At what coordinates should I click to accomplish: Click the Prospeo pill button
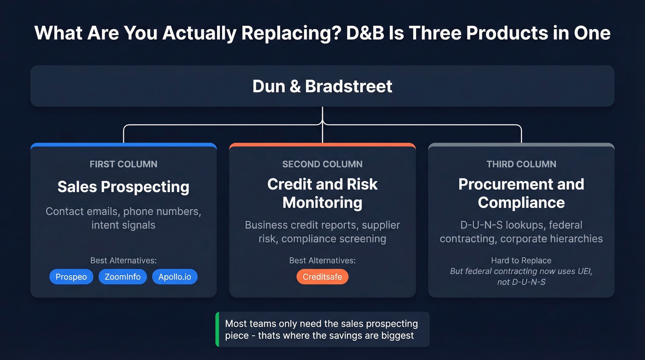pyautogui.click(x=71, y=277)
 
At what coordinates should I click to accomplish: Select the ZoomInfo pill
pyautogui.click(x=123, y=277)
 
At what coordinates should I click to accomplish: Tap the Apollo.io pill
pyautogui.click(x=175, y=277)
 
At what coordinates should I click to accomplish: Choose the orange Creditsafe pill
pyautogui.click(x=322, y=277)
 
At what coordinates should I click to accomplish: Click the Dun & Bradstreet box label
pyautogui.click(x=322, y=86)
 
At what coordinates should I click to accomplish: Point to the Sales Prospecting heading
pyautogui.click(x=123, y=187)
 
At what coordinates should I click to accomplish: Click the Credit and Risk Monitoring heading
pyautogui.click(x=322, y=193)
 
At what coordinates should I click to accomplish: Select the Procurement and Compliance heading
pyautogui.click(x=521, y=193)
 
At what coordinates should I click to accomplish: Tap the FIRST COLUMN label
pyautogui.click(x=123, y=164)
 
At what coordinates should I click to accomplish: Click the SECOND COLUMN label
pyautogui.click(x=322, y=164)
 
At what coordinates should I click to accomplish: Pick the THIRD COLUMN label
pyautogui.click(x=521, y=164)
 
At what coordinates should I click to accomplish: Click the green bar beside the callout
pyautogui.click(x=217, y=329)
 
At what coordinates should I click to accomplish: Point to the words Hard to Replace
pyautogui.click(x=521, y=260)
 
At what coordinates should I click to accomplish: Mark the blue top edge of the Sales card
pyautogui.click(x=123, y=145)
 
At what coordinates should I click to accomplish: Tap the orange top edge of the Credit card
pyautogui.click(x=322, y=145)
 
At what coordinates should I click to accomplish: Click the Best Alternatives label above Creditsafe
pyautogui.click(x=322, y=260)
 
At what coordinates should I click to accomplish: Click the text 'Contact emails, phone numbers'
pyautogui.click(x=123, y=212)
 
